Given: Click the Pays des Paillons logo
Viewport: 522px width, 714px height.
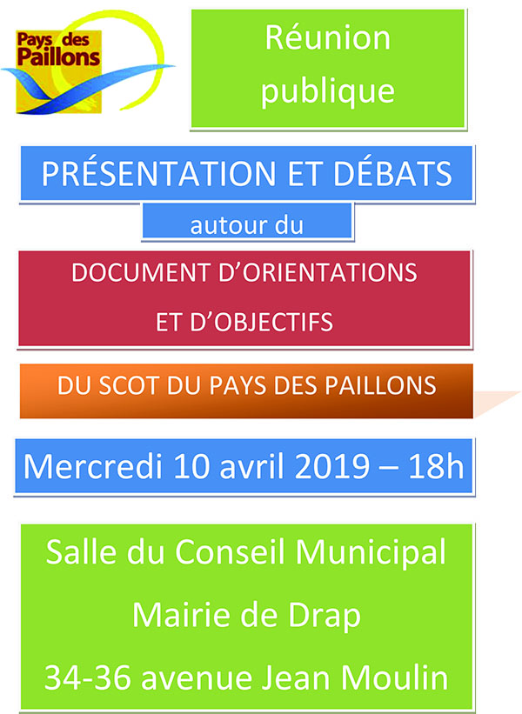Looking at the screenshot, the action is (x=86, y=63).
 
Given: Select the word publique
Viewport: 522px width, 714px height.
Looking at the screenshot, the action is (x=327, y=91).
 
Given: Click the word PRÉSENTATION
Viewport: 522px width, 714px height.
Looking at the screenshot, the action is (x=158, y=173).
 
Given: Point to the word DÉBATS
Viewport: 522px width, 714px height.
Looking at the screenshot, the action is (x=393, y=173).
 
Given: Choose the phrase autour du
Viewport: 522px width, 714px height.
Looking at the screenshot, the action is (x=247, y=225).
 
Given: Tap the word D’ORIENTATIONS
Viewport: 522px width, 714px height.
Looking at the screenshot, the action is (x=318, y=273).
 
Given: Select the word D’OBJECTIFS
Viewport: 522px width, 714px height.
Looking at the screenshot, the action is (x=262, y=322).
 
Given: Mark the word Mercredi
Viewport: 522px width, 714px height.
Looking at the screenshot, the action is (x=93, y=467).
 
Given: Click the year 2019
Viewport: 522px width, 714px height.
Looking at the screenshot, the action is (x=332, y=467).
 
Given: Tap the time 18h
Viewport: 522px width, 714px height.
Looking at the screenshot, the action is (x=436, y=467).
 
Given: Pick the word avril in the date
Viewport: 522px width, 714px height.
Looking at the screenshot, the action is (x=253, y=467).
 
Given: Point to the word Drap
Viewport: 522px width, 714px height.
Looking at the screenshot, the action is (x=325, y=617).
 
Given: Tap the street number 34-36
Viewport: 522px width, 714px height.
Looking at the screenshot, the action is (x=89, y=677).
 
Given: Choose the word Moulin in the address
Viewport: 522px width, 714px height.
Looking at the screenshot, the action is (x=394, y=677).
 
